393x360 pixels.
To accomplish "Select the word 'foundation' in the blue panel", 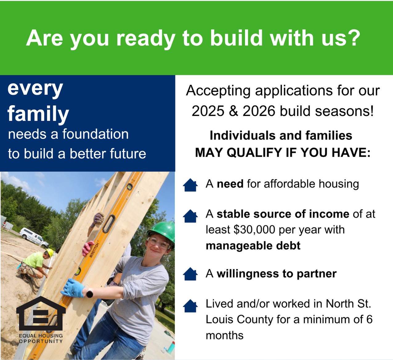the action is click(95, 134).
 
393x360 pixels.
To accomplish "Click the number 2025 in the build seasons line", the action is click(208, 111).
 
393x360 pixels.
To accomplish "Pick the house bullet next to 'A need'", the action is click(190, 185).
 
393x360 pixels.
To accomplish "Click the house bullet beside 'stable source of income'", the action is click(190, 216).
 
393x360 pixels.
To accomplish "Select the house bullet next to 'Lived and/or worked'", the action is click(190, 306).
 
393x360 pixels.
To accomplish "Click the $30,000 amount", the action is click(254, 230).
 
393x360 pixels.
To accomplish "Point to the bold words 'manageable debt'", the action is click(253, 246).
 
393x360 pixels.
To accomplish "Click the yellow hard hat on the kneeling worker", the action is click(50, 253).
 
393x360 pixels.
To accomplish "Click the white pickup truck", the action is click(34, 237).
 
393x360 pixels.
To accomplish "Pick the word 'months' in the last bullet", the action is click(225, 335).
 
